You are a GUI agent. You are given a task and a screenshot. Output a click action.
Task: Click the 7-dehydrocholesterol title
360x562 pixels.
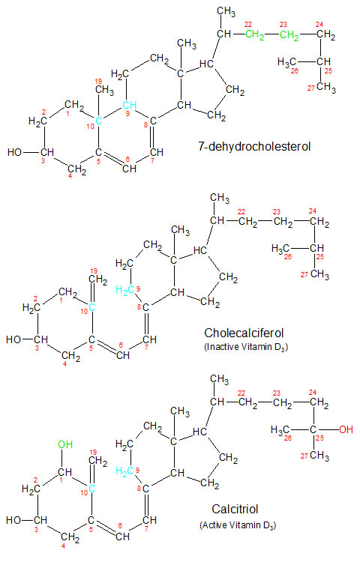click(254, 147)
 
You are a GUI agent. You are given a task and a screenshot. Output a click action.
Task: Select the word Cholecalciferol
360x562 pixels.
click(244, 333)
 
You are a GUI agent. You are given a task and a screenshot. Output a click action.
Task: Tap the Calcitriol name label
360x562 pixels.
click(235, 510)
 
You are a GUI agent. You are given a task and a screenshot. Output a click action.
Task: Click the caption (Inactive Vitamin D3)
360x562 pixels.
click(246, 347)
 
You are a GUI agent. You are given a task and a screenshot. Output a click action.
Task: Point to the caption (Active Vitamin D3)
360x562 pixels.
click(238, 525)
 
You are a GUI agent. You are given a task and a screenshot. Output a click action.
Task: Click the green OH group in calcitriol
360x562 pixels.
click(65, 444)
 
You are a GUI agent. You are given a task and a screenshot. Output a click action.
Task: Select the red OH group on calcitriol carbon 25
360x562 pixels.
click(346, 429)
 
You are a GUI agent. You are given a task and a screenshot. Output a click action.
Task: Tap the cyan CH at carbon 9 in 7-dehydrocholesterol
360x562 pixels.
click(130, 105)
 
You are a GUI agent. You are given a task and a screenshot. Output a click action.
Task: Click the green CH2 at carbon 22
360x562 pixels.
click(255, 35)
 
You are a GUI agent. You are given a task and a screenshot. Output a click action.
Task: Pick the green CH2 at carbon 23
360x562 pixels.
click(289, 35)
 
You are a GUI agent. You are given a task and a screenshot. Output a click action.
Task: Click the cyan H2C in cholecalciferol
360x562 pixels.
click(125, 291)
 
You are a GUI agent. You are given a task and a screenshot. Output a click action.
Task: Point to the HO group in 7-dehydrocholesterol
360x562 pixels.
click(15, 152)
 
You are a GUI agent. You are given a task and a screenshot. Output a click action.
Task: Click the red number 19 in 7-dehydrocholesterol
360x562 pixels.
click(98, 81)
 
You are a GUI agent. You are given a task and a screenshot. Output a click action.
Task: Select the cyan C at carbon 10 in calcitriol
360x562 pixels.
click(92, 489)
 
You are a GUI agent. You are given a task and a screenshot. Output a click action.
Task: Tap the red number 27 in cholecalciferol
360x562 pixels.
click(304, 274)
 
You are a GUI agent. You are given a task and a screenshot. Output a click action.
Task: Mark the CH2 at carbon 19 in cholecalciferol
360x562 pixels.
click(98, 280)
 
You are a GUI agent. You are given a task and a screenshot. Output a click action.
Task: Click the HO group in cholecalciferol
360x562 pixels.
click(13, 339)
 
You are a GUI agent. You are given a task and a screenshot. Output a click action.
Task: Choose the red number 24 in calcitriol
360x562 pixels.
click(313, 393)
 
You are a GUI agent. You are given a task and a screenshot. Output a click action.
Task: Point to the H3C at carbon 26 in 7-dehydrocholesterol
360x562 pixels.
click(286, 62)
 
